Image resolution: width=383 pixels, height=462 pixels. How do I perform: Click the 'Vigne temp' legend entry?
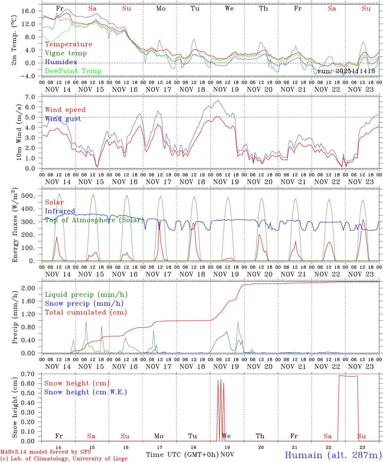tap(66, 53)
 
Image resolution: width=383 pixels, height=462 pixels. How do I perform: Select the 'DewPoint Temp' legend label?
tap(73, 71)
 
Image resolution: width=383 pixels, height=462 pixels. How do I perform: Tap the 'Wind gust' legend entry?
tap(63, 119)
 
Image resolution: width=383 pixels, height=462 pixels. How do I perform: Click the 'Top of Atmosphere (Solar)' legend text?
tap(94, 220)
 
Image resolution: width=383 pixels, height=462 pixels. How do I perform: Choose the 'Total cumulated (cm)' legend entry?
tap(86, 312)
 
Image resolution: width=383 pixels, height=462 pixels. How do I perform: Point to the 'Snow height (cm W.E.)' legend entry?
tap(86, 392)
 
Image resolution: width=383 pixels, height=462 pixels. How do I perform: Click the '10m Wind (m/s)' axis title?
tap(19, 132)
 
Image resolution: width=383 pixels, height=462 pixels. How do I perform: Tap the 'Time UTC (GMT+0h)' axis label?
tap(182, 455)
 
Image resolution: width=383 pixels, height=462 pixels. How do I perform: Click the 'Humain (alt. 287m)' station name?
tap(333, 455)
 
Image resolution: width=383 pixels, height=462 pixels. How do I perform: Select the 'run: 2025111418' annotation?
tap(346, 71)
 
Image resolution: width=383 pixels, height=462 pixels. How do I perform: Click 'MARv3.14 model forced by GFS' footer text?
tap(46, 452)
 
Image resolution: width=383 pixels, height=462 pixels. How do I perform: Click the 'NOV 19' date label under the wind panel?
tap(226, 182)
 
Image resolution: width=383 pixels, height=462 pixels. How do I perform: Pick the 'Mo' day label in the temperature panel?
tap(161, 9)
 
